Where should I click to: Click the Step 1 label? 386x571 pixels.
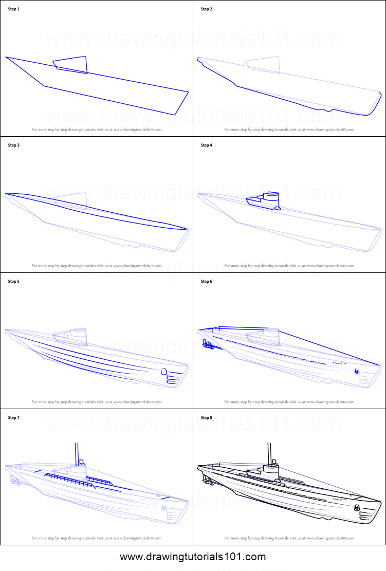point(13,9)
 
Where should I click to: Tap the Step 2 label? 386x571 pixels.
point(206,9)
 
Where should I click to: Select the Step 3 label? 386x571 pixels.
point(13,145)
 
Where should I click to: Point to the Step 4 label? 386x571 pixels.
point(206,145)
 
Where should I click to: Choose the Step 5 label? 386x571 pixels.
point(13,282)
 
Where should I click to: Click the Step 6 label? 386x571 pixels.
point(206,282)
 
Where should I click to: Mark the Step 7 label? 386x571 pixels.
point(13,418)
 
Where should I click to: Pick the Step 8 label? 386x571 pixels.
point(206,418)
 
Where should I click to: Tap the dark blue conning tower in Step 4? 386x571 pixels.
point(265,201)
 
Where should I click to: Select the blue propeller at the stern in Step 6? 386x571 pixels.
point(208,345)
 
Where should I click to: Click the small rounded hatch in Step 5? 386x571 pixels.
point(164,372)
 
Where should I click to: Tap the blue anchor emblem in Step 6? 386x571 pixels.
point(356,371)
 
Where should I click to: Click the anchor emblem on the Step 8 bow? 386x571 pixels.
point(356,507)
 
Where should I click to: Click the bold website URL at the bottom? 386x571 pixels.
point(193,557)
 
